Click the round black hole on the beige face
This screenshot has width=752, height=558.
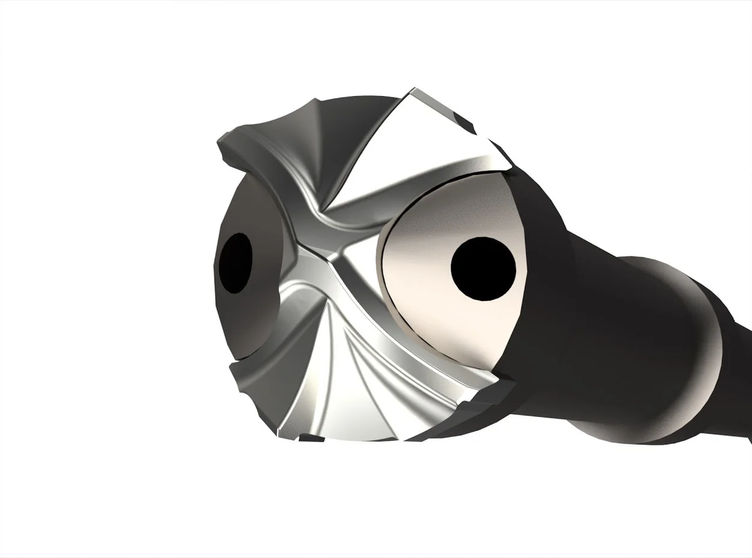pyautogui.click(x=483, y=268)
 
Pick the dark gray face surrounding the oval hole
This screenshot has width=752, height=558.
pyautogui.click(x=246, y=312)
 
